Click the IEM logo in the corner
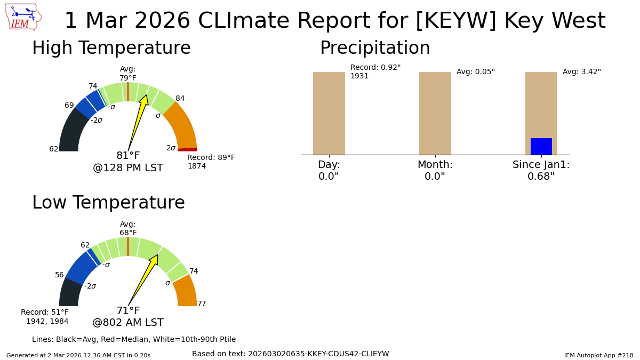(x=23, y=17)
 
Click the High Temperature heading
(x=111, y=49)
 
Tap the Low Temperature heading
(x=108, y=203)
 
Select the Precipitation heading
(x=375, y=49)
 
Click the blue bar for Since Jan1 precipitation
(x=541, y=147)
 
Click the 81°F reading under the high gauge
(x=128, y=156)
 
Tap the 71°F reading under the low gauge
(x=128, y=311)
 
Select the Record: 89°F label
(x=211, y=158)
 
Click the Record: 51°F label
(x=45, y=313)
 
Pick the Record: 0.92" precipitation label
(x=375, y=68)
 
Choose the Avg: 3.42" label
(x=581, y=72)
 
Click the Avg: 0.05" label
(x=475, y=72)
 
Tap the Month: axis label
(x=435, y=165)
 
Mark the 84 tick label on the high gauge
(x=180, y=99)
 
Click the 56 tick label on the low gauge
(x=59, y=275)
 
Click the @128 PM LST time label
(x=128, y=168)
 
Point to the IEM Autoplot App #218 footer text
(x=598, y=355)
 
